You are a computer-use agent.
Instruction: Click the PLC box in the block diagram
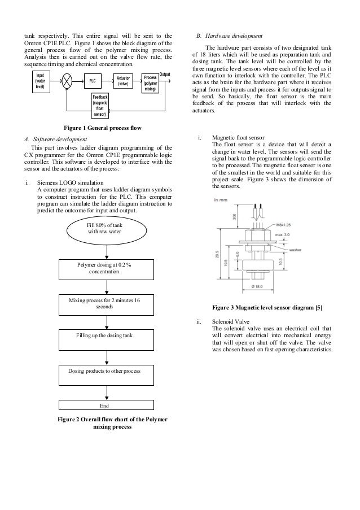[93, 81]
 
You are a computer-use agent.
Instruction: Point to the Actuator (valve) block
[122, 81]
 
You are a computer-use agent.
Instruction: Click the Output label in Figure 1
[166, 74]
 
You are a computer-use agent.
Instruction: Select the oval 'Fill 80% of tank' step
[105, 229]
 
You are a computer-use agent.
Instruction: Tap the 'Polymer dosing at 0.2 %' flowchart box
[105, 268]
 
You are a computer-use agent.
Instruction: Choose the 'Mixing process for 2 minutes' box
[105, 304]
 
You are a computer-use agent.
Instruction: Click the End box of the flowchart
[105, 405]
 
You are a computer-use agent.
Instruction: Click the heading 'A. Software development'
[55, 138]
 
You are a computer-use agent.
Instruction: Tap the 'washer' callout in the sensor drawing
[297, 249]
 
